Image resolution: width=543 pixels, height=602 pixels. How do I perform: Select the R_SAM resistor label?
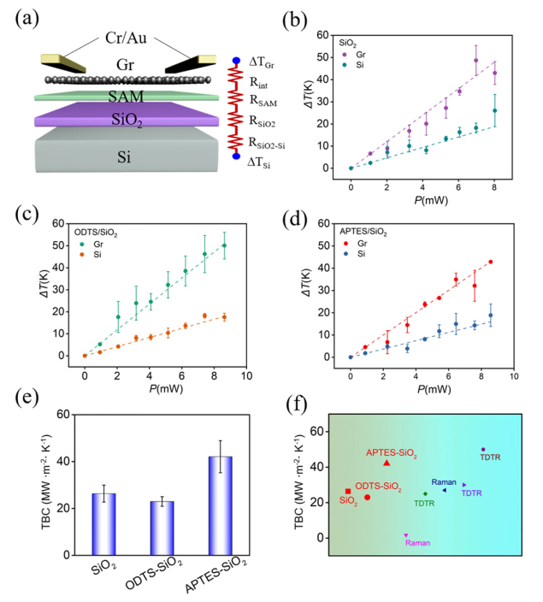click(x=268, y=102)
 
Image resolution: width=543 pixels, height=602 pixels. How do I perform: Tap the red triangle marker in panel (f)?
click(x=387, y=463)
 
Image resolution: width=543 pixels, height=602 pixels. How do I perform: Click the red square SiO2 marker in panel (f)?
click(x=348, y=491)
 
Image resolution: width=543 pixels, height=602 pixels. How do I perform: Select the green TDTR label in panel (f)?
click(x=425, y=504)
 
